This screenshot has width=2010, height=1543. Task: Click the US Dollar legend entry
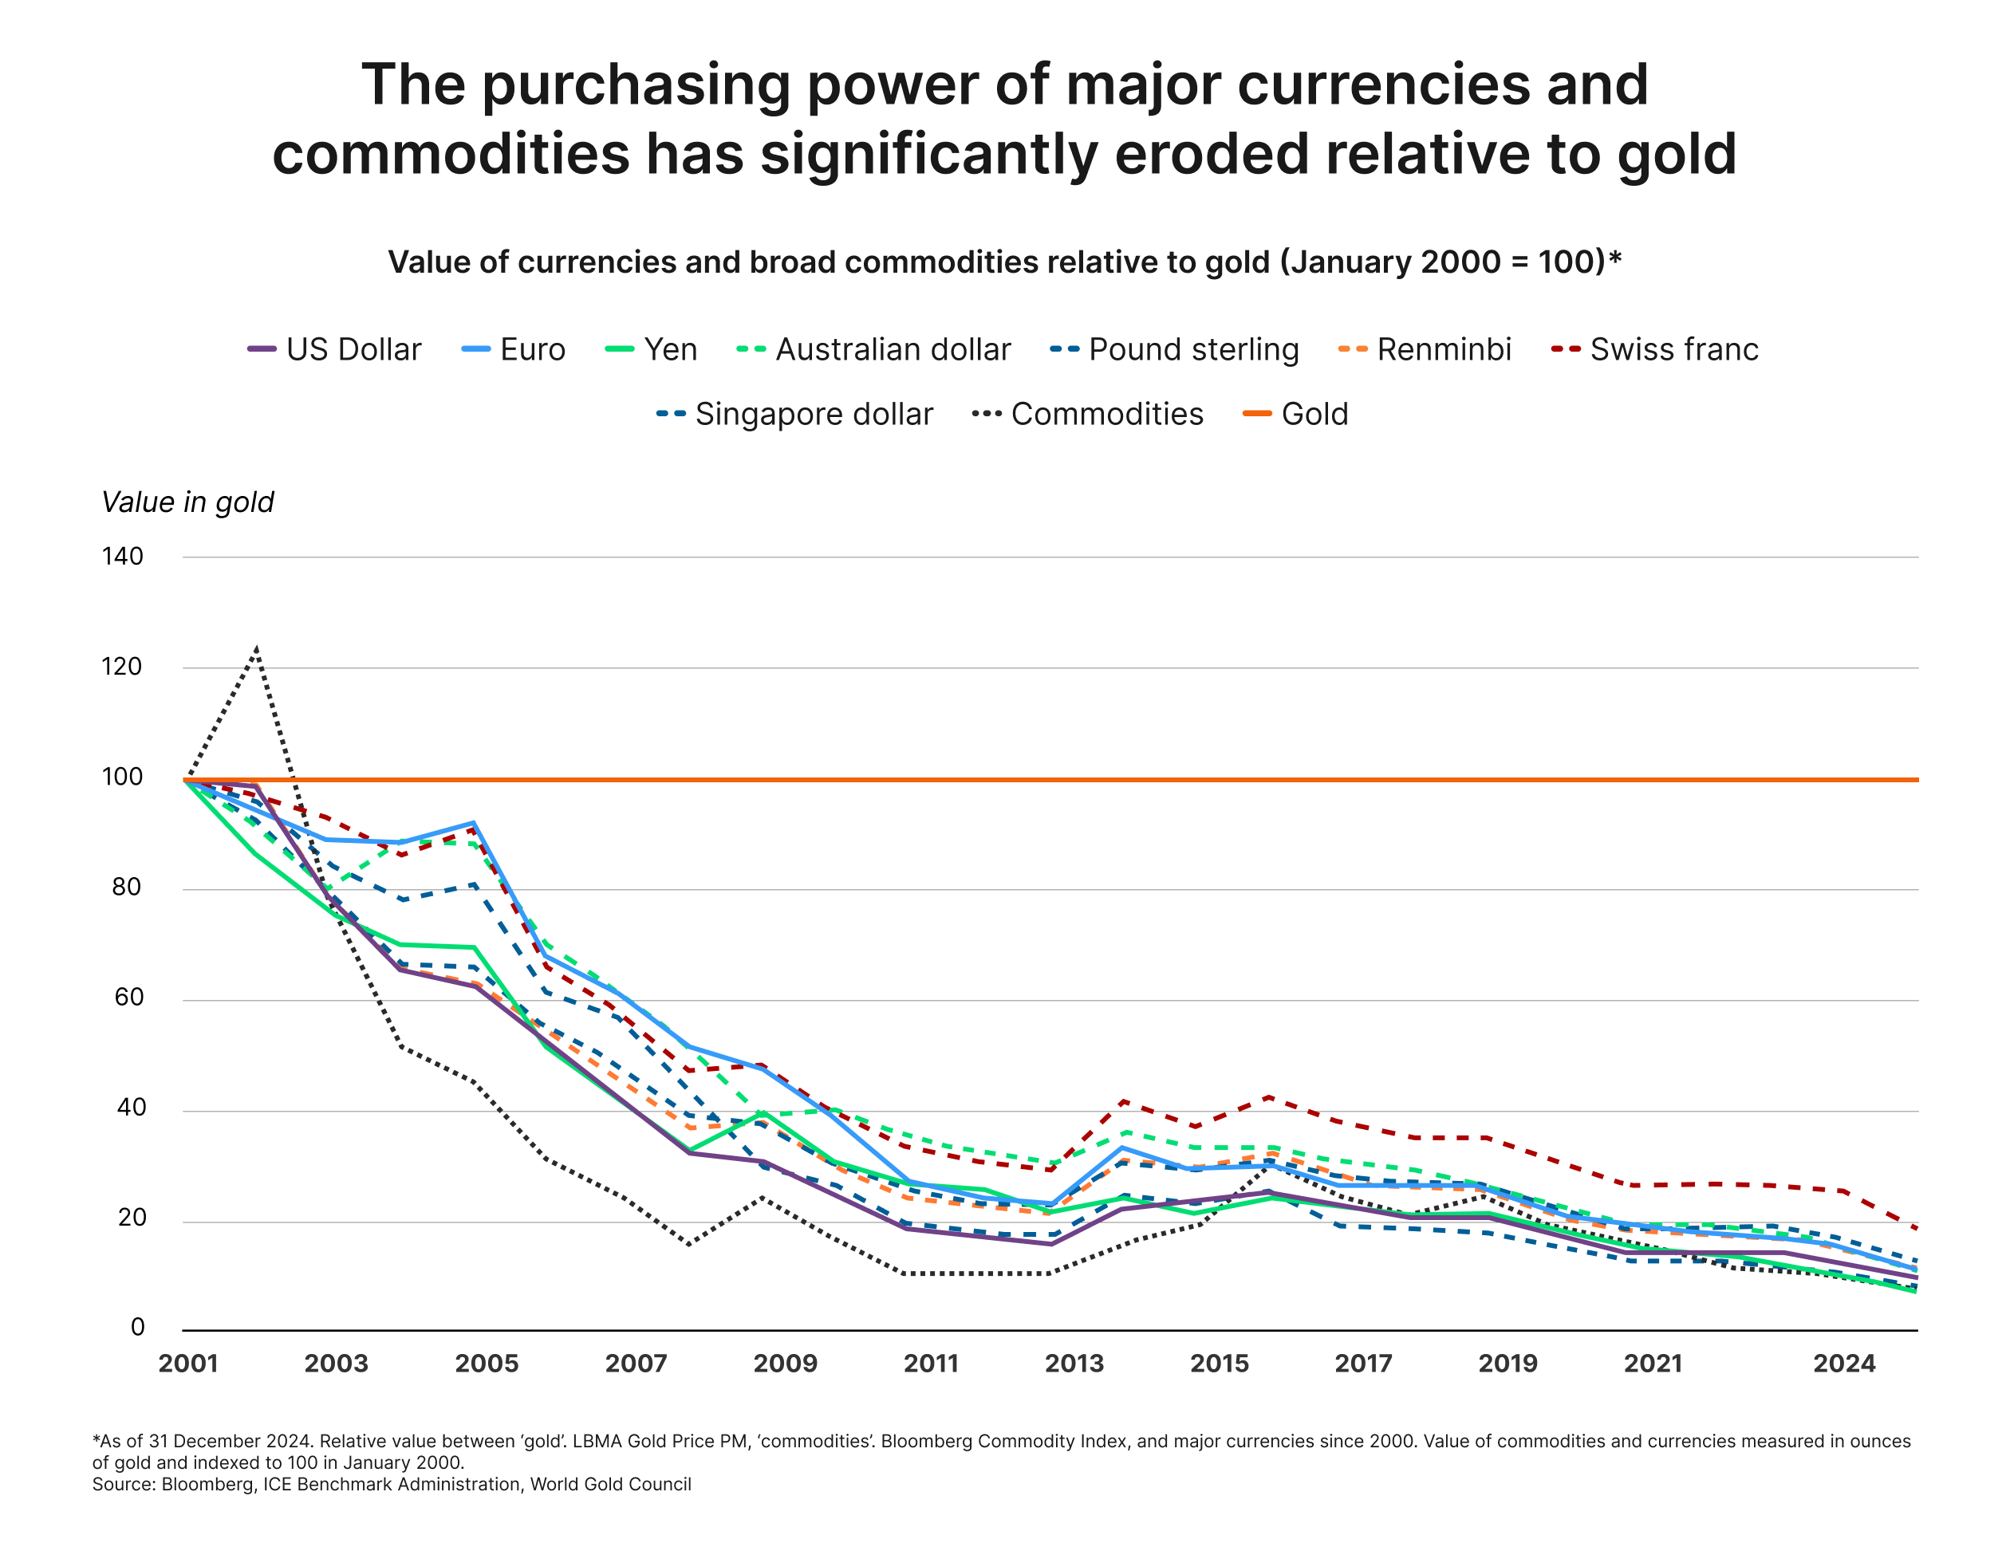[x=335, y=350]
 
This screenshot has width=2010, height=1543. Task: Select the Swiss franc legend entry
[x=1653, y=350]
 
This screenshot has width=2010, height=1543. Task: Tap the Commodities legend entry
[x=1088, y=414]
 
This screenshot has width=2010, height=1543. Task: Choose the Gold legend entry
[x=1296, y=414]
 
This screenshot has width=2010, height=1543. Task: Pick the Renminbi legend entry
[x=1425, y=350]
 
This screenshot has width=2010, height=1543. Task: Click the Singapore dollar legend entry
[x=794, y=414]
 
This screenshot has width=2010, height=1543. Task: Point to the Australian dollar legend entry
[x=873, y=350]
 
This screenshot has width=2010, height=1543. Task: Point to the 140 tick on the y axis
[x=122, y=557]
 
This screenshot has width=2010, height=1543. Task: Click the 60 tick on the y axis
[x=128, y=998]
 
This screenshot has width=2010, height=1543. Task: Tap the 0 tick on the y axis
[x=137, y=1327]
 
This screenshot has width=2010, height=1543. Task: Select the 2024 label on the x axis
[x=1844, y=1364]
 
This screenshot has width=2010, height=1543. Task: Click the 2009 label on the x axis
[x=785, y=1364]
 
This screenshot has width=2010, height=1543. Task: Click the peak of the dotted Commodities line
[x=256, y=649]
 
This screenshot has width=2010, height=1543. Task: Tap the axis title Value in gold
[x=187, y=502]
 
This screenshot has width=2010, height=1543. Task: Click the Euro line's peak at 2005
[x=473, y=823]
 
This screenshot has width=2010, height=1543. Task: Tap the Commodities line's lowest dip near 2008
[x=689, y=1245]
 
